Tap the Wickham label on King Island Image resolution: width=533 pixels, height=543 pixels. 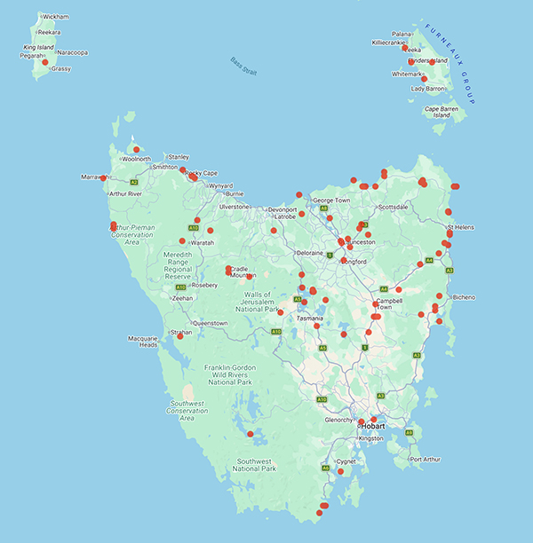tap(55, 17)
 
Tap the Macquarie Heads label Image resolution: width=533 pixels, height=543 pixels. tap(142, 342)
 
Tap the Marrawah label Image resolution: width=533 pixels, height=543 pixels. tap(92, 177)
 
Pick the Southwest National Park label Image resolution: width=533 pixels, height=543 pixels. tap(260, 467)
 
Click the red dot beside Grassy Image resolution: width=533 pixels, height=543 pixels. tap(45, 62)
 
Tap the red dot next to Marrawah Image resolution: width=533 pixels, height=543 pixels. tap(104, 178)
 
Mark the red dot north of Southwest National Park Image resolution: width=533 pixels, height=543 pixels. tap(250, 433)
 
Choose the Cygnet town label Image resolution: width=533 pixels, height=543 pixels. tap(346, 461)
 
